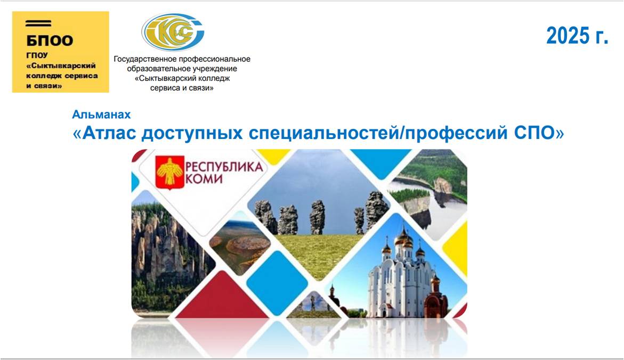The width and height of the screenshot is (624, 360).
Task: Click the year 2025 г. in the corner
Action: pos(578,36)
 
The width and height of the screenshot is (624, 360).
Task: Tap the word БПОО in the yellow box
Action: pos(50,40)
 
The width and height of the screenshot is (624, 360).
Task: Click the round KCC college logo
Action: pos(173,32)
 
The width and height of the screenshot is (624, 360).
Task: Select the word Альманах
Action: pos(101,114)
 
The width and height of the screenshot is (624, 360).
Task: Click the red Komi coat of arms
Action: pos(169,172)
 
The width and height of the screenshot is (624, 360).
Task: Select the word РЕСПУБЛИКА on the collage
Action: pos(224,167)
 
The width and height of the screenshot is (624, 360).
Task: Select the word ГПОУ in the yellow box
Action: pos(37,55)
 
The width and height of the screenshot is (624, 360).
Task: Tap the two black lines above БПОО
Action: pos(38,23)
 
